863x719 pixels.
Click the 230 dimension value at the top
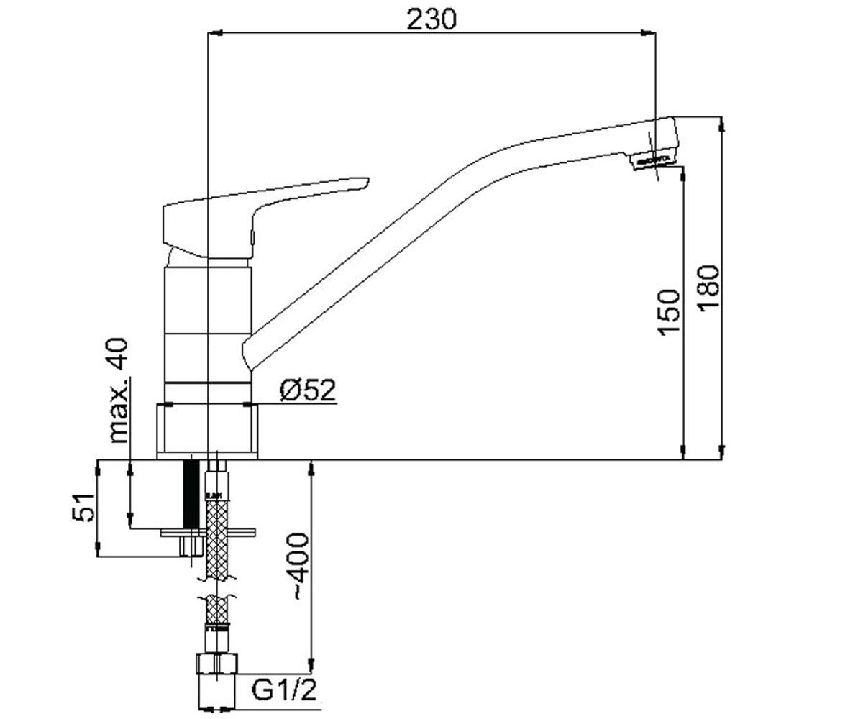pos(431,19)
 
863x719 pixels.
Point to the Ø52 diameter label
pos(308,390)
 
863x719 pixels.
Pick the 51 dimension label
pos(83,508)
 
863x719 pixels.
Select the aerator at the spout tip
pos(652,160)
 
